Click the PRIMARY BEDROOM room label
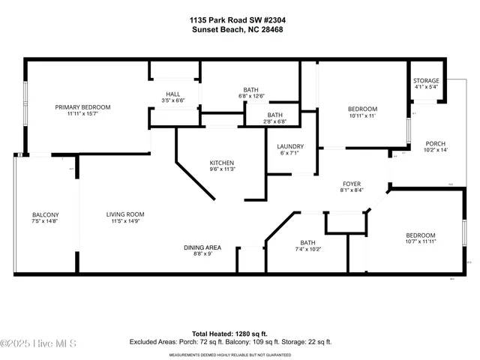point(82,107)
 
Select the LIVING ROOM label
point(124,214)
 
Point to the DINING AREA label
point(202,247)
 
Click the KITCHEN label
point(222,163)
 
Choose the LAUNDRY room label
point(289,146)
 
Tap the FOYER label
point(352,183)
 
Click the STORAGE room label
point(427,81)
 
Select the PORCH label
point(436,143)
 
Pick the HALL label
point(173,94)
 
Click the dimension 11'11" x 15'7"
point(82,115)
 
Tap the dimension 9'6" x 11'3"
point(222,169)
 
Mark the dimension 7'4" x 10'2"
point(307,249)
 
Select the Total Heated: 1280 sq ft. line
point(240,334)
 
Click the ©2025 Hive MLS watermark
point(39,344)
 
